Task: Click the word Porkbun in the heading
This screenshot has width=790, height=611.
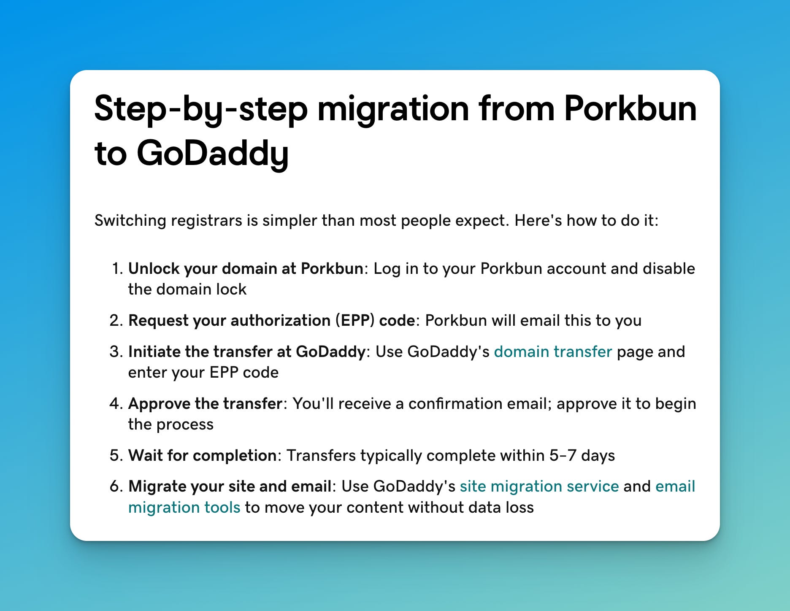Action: [x=630, y=109]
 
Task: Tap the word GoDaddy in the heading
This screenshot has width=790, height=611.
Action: [x=213, y=154]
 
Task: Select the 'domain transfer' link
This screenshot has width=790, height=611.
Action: [x=553, y=351]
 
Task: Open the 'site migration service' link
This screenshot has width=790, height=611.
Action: [x=539, y=486]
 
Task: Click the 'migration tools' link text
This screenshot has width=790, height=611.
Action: [x=184, y=507]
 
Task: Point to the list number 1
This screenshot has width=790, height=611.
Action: [x=117, y=269]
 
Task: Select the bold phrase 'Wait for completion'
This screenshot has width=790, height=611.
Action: [x=203, y=456]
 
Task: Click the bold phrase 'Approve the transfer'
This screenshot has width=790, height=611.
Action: [x=205, y=404]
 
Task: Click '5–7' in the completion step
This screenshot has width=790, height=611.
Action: [x=563, y=456]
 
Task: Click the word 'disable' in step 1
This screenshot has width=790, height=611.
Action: [x=669, y=269]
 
